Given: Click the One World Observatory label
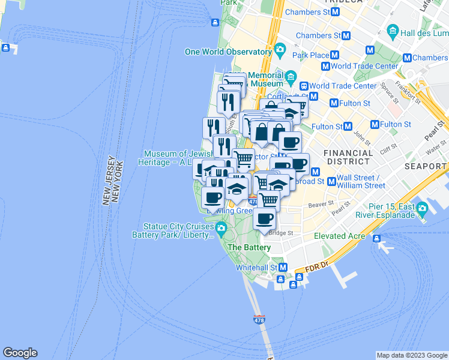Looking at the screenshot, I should tap(228, 52).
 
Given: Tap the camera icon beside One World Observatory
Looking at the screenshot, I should tap(280, 49).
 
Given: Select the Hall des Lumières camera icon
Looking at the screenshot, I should tap(393, 30).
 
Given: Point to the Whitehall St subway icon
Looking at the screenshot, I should tap(283, 267).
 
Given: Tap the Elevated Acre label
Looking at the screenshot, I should tap(340, 236).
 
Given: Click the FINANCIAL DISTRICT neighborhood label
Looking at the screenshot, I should tap(347, 157).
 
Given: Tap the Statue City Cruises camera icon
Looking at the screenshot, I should tap(221, 228).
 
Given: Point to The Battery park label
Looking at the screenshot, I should tap(249, 247).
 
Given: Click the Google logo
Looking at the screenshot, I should tap(20, 353).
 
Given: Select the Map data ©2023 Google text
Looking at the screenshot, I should tap(412, 355).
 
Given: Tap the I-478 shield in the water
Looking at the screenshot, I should tap(259, 320).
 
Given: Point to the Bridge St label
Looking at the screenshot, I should tap(281, 233).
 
